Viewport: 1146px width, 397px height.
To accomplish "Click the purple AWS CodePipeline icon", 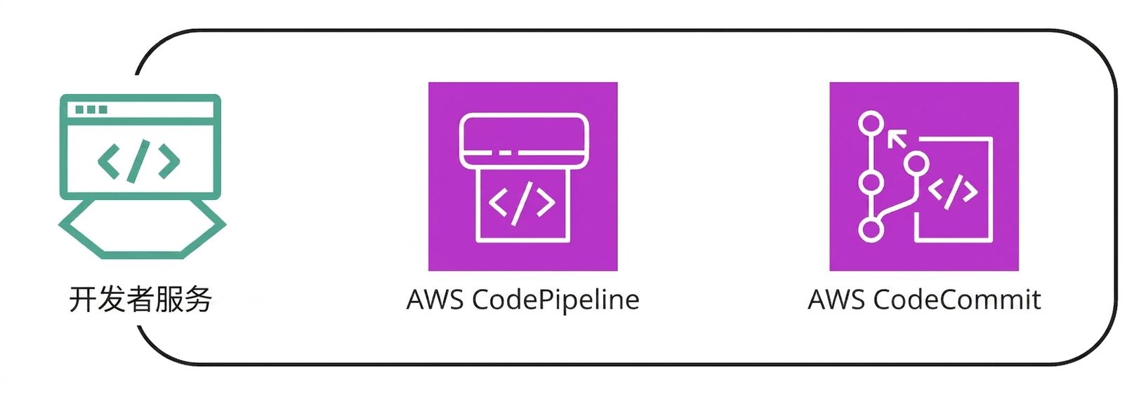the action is pos(523,176).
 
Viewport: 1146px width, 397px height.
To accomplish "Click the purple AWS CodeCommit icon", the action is pos(924,176).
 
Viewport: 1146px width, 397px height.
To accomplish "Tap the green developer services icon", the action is pos(142,176).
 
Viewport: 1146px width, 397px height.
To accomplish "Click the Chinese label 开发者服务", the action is pos(140,300).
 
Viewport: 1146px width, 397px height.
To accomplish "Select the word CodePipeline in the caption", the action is pos(555,300).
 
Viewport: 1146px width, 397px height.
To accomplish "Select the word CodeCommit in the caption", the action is pos(956,300).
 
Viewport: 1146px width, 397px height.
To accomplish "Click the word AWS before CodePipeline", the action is pos(435,300).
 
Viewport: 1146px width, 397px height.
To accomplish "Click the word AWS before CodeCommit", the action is pos(836,300).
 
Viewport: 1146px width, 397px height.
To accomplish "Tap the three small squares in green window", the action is pos(91,109).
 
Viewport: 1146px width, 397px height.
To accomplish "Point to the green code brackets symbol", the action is pos(139,161).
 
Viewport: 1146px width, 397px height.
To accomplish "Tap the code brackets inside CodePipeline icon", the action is pos(522,203).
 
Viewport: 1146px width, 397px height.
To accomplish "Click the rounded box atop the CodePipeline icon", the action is pos(524,140).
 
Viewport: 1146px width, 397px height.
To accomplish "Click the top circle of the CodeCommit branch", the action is pos(871,124).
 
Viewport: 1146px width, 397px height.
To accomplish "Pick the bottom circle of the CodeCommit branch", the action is pos(871,229).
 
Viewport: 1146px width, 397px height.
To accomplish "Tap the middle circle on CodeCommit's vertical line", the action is pos(871,182).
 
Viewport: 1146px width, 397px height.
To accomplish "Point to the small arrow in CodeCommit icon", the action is pos(896,138).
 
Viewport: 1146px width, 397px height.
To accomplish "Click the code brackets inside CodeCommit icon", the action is pos(953,191).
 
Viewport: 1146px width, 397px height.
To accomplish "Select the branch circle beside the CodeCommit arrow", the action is pos(916,164).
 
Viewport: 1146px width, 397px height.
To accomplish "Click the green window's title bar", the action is pos(140,109).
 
